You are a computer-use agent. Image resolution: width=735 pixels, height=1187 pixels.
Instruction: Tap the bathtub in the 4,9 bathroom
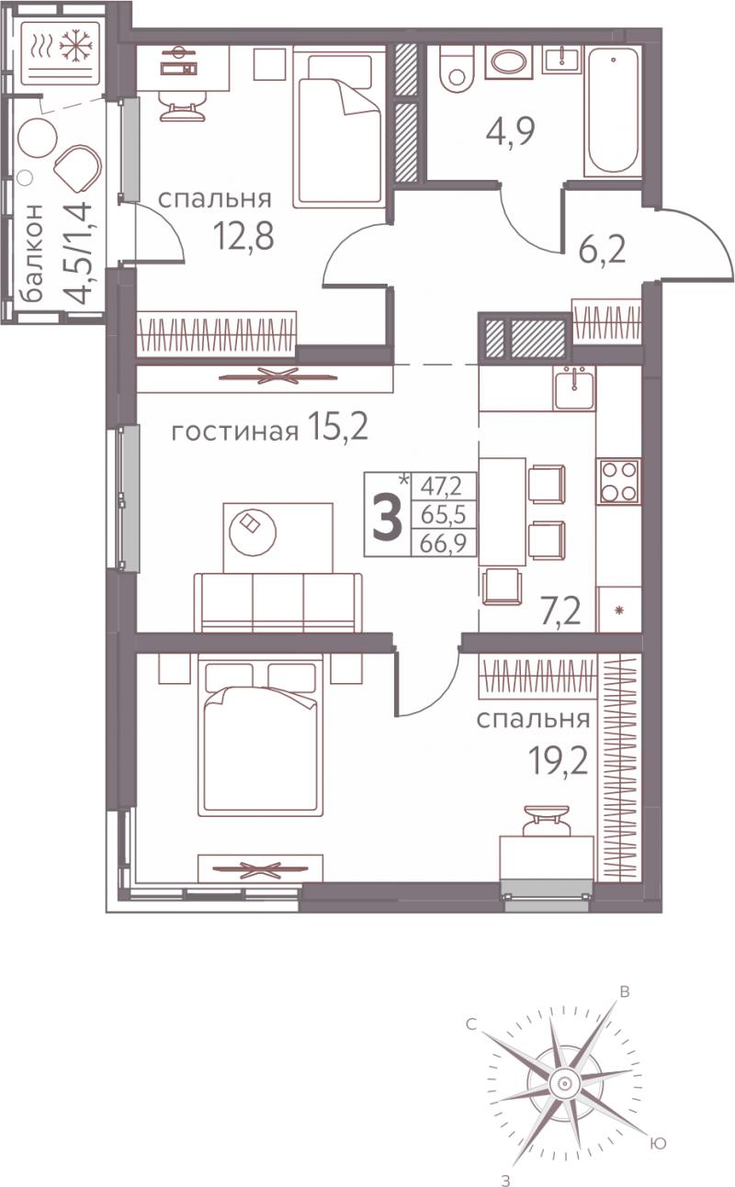point(612,112)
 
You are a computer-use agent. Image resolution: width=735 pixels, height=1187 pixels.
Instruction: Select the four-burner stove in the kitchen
point(618,481)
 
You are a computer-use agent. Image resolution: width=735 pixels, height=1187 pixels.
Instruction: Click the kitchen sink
point(575,387)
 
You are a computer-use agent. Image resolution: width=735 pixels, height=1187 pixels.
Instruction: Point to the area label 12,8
point(244,236)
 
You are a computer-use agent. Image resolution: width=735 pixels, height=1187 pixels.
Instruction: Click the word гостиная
point(235,432)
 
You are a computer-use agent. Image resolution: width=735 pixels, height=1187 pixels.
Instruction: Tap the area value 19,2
point(559,763)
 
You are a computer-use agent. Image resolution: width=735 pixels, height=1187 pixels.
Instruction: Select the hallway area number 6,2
point(603,250)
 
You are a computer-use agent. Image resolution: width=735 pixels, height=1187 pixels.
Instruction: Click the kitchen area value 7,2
point(560,613)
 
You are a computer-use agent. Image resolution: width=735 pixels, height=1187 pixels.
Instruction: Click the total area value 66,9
point(444,543)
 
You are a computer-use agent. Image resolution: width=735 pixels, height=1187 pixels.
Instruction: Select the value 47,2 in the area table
point(441,486)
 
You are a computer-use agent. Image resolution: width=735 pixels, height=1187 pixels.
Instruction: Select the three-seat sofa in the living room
point(277,602)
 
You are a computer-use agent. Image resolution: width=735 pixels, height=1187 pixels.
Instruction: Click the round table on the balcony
point(37,138)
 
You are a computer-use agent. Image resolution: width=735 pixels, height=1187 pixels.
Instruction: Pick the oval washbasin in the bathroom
point(509,62)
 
